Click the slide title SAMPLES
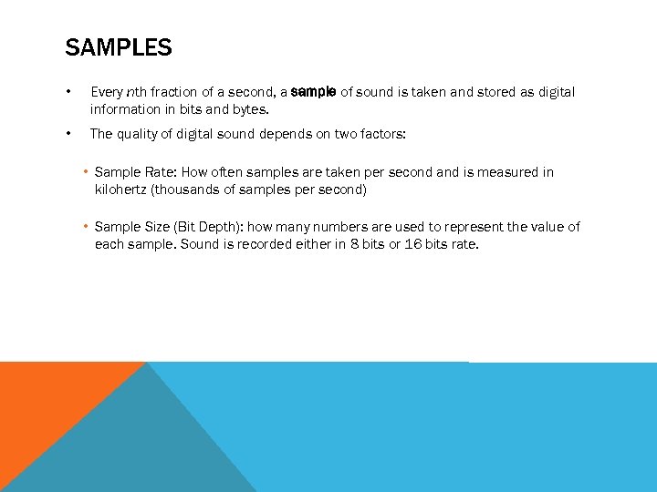tap(119, 47)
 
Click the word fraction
tap(173, 92)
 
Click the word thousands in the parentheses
tap(188, 190)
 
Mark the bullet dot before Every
tap(68, 92)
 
